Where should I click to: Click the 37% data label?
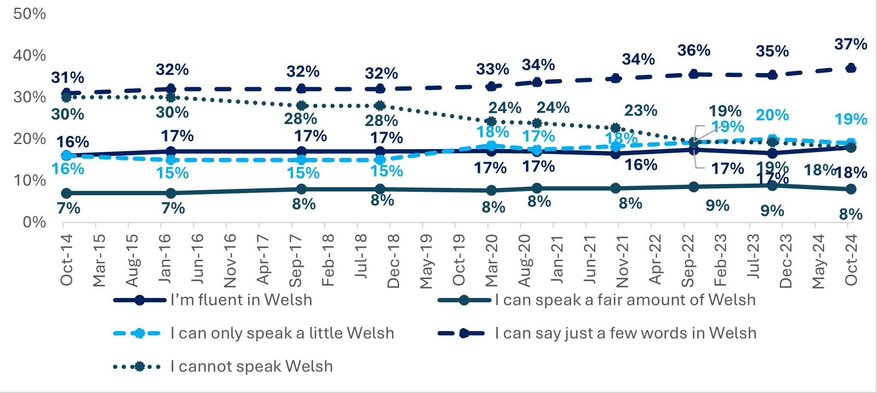point(850,44)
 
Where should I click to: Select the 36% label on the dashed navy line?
point(694,50)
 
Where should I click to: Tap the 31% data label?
point(67,77)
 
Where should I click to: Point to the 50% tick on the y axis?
point(29,14)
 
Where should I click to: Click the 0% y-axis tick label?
point(34,222)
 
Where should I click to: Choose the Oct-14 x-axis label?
point(67,260)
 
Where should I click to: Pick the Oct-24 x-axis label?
point(851,260)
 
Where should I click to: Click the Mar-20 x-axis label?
point(491,260)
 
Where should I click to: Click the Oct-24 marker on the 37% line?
point(850,68)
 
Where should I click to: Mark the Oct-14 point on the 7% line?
point(66,193)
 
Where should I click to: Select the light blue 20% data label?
point(772,115)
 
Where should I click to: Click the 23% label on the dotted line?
point(641,111)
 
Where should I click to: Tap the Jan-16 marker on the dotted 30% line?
point(171,98)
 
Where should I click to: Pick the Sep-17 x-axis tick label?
point(296,260)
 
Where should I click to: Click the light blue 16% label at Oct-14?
point(68,169)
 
